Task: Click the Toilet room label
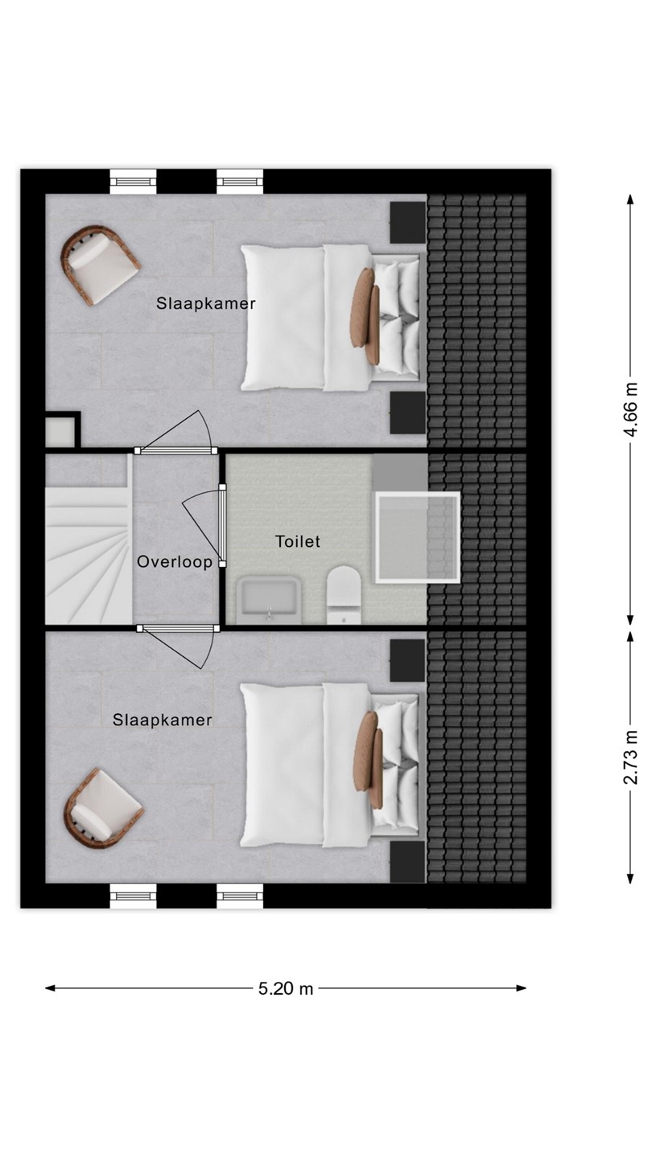298,542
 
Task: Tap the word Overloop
175,562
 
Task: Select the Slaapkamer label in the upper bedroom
206,303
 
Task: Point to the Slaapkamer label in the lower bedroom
163,721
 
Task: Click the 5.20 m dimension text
287,988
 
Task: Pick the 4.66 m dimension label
630,410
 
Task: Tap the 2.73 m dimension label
630,758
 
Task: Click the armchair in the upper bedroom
99,264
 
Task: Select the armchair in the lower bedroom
103,808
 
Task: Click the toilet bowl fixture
344,595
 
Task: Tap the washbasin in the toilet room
269,601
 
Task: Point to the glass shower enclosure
418,538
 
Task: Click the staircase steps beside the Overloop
89,556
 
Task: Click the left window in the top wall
133,182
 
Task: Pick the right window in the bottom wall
240,896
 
